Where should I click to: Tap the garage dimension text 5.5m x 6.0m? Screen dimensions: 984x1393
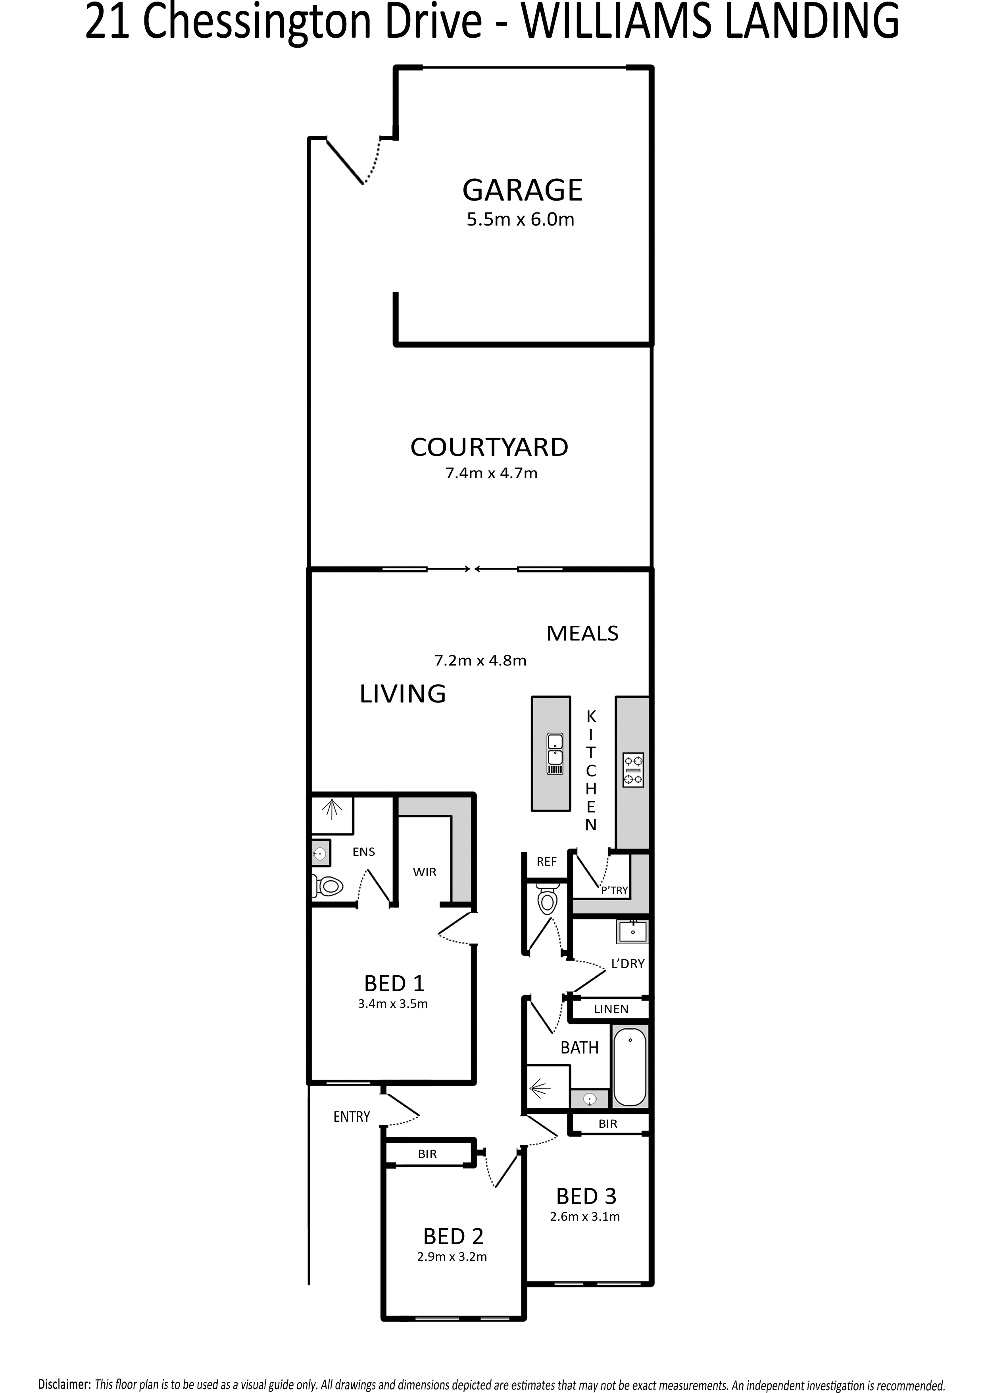point(520,220)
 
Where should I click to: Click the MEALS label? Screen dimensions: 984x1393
point(582,633)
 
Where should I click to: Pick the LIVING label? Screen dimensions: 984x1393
point(403,693)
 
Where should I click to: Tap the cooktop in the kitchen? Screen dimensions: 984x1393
point(634,770)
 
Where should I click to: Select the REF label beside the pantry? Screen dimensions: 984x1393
point(546,862)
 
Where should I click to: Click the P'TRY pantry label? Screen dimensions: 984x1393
point(614,890)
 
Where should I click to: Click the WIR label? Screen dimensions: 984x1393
point(425,872)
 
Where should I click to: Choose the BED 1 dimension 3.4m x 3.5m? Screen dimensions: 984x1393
point(393,1003)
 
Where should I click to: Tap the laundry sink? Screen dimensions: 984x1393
point(632,931)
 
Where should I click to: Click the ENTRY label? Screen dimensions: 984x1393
point(352,1116)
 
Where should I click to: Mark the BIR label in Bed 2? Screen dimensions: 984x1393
point(427,1154)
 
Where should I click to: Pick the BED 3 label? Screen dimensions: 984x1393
point(586,1196)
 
